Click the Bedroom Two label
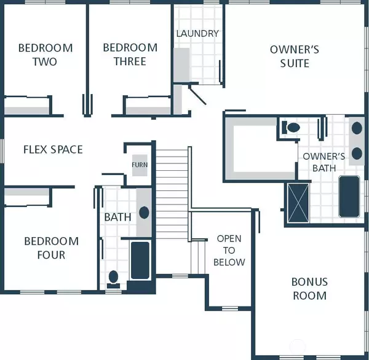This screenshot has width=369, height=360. coord(46,55)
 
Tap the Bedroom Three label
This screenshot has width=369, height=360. coord(130,55)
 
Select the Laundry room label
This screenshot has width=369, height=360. coord(197,34)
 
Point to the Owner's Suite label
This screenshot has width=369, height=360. coord(295,57)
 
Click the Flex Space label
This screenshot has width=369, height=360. coord(53,149)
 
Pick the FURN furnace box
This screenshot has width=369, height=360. coord(140,165)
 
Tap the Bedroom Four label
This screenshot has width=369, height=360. coord(51,248)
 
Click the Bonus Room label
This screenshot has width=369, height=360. coord(310,289)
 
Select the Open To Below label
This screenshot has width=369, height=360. coord(229,251)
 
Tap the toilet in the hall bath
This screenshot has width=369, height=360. coord(113,279)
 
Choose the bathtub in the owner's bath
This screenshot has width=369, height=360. coord(349,197)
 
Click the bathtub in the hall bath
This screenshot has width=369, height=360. coord(140,260)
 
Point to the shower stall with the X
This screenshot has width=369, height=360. coord(298,203)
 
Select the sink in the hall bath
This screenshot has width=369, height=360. coord(144,213)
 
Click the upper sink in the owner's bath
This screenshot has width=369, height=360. coord(357,128)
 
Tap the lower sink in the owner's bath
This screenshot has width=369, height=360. coord(357,154)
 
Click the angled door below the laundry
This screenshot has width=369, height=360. coord(197,95)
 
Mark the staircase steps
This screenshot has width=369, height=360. coord(172,195)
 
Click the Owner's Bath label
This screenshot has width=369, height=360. coord(324,162)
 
